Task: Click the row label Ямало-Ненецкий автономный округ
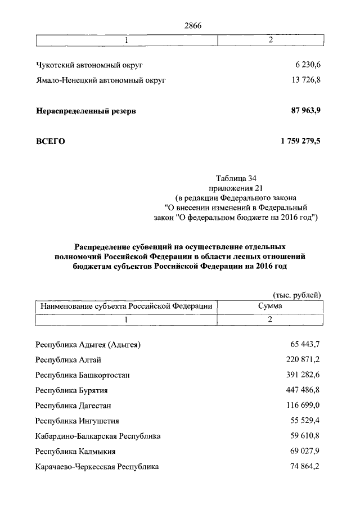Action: (x=101, y=81)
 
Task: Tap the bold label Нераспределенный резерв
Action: (x=85, y=111)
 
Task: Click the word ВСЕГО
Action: (x=50, y=142)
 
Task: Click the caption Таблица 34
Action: (x=232, y=179)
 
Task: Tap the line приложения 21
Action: (x=232, y=188)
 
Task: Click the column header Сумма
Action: (x=270, y=307)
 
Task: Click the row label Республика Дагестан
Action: (x=74, y=406)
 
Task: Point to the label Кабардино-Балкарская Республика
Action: (x=97, y=436)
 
